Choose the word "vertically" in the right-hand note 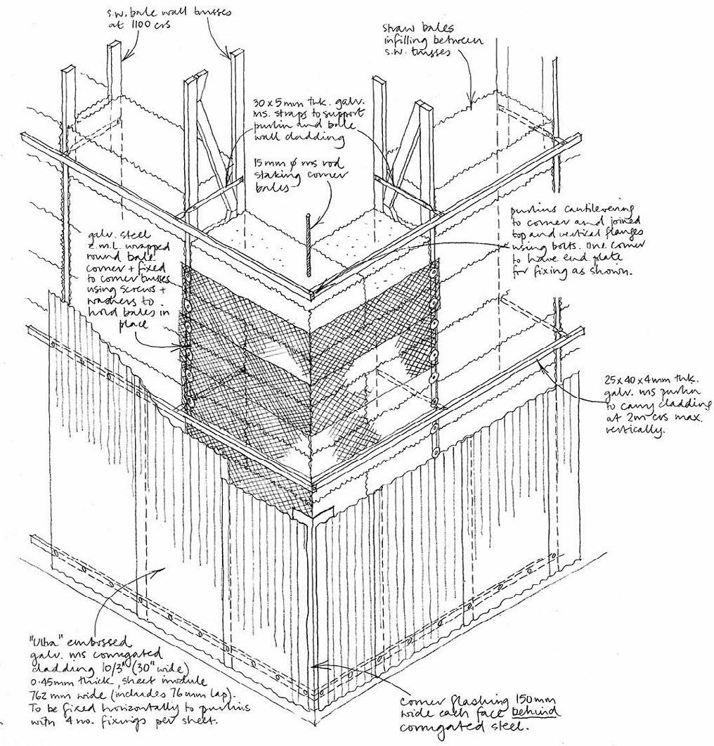coord(636,431)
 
